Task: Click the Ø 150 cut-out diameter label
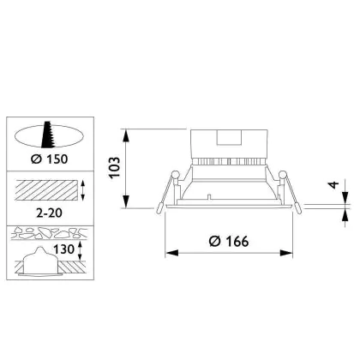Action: [x=50, y=159]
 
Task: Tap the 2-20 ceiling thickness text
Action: [x=49, y=213]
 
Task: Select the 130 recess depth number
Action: [x=64, y=249]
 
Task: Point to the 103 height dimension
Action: [x=115, y=167]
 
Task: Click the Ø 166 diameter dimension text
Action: [x=229, y=242]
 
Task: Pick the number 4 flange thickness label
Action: [x=333, y=184]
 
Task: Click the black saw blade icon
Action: [x=48, y=135]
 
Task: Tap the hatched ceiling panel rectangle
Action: [x=46, y=190]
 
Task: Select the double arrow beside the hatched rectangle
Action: [x=83, y=190]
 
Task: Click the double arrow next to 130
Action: [x=80, y=250]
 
